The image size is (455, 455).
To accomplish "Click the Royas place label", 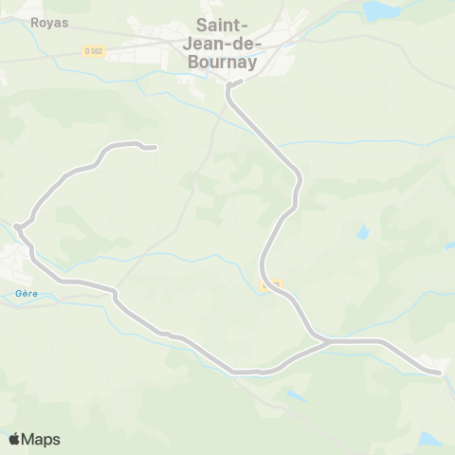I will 49,23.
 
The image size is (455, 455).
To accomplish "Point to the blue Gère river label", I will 25,294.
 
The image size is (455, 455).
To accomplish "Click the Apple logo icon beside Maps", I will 15,439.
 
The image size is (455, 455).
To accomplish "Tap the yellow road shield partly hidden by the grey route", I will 270,284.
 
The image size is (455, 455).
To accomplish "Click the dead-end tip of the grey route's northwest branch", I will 154,148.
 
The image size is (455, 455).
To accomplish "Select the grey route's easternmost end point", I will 440,373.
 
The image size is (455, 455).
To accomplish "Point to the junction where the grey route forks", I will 324,339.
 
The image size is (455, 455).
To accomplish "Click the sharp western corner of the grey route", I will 17,226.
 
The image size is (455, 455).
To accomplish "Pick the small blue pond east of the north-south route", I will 362,231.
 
